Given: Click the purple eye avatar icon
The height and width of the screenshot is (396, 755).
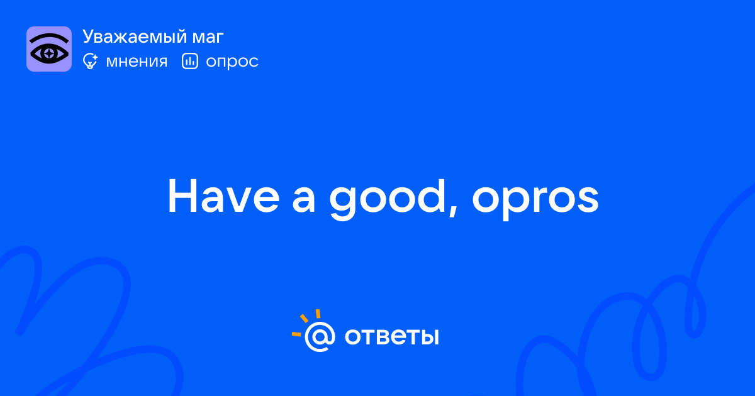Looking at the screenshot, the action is (x=49, y=49).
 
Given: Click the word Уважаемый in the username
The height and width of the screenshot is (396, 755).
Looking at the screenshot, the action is (x=134, y=37).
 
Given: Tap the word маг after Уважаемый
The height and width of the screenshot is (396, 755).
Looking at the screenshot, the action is (x=208, y=38).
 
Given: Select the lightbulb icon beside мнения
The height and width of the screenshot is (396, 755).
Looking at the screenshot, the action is (x=90, y=62).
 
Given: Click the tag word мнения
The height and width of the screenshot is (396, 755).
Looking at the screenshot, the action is (x=137, y=62).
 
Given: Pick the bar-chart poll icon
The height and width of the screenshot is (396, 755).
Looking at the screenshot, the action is (x=190, y=61).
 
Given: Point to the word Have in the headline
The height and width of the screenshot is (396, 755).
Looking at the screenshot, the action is (x=223, y=196).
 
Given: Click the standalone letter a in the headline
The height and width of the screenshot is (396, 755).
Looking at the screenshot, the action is (x=304, y=201).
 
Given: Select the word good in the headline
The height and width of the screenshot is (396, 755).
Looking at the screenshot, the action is (x=388, y=199).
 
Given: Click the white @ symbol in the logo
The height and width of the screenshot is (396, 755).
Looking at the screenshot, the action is (x=320, y=336).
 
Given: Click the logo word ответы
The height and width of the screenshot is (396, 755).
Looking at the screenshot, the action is (x=391, y=337).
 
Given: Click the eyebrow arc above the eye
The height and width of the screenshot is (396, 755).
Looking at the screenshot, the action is (x=49, y=37).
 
